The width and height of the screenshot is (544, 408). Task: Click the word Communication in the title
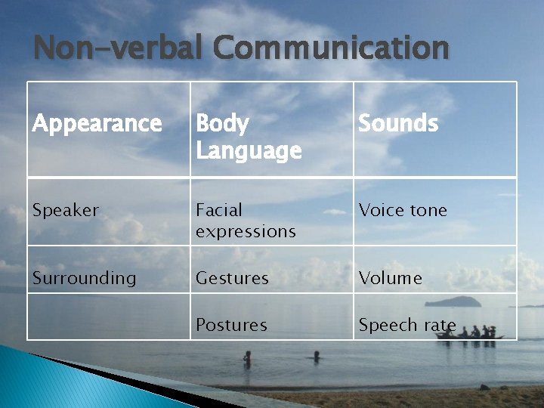pyautogui.click(x=331, y=48)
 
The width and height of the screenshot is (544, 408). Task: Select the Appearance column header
pyautogui.click(x=97, y=123)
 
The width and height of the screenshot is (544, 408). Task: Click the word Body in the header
pyautogui.click(x=222, y=123)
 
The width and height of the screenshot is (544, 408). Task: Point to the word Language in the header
pyautogui.click(x=248, y=150)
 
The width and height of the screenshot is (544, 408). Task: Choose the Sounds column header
pyautogui.click(x=398, y=123)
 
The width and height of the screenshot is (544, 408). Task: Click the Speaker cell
pyautogui.click(x=65, y=210)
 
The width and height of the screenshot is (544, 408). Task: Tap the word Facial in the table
pyautogui.click(x=219, y=210)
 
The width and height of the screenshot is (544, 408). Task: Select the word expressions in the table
pyautogui.click(x=246, y=230)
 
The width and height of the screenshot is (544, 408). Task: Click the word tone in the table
pyautogui.click(x=428, y=210)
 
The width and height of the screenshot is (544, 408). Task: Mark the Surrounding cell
pyautogui.click(x=84, y=278)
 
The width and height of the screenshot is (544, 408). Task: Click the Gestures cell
pyautogui.click(x=232, y=278)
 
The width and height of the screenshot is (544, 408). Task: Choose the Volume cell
pyautogui.click(x=390, y=278)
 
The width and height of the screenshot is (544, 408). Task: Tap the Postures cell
pyautogui.click(x=231, y=325)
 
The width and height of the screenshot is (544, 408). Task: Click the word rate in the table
pyautogui.click(x=440, y=325)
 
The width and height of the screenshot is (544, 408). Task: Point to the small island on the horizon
pyautogui.click(x=453, y=301)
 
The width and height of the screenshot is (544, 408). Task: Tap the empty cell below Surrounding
pyautogui.click(x=109, y=317)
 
